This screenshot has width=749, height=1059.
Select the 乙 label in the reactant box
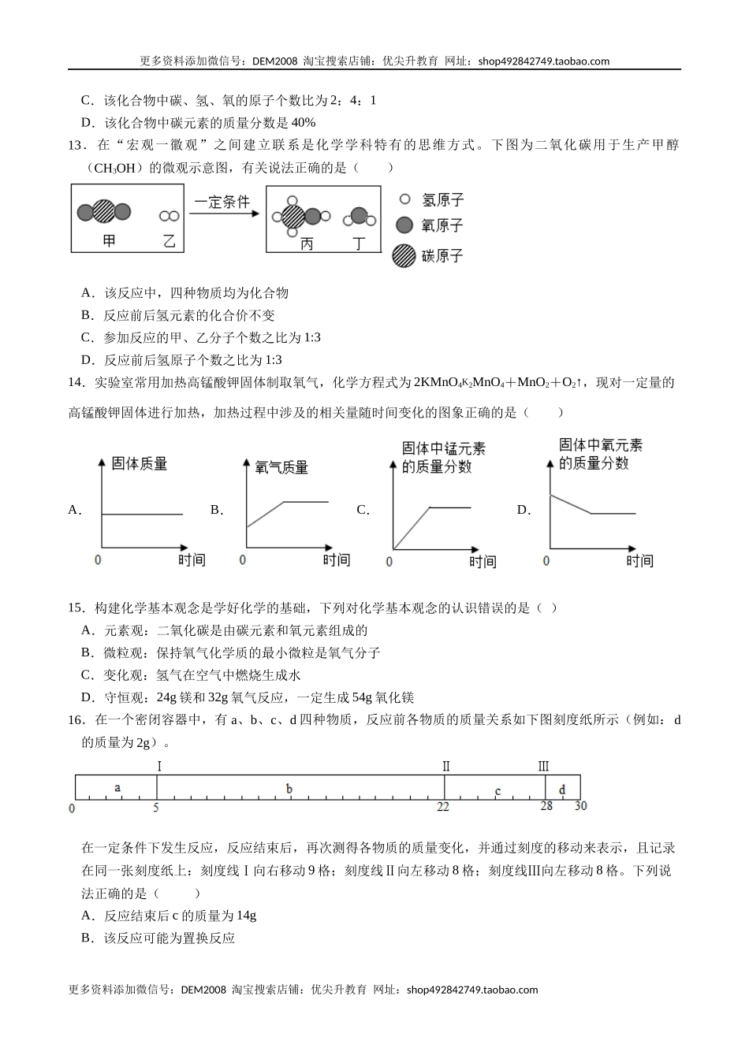coord(169,241)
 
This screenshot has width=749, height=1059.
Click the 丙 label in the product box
coord(307,243)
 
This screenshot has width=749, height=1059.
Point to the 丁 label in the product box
coord(360,243)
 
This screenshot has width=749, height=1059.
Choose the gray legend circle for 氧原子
coord(404,225)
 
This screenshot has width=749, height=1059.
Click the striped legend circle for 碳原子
coord(404,256)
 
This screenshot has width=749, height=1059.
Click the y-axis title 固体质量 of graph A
coord(140,463)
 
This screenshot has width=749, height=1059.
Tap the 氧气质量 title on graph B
coord(281,467)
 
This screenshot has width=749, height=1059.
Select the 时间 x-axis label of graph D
coord(639,560)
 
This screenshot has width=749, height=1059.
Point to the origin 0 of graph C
coord(389,562)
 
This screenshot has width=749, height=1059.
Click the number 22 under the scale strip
coord(443,807)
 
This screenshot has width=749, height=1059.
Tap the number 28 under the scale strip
coord(546,806)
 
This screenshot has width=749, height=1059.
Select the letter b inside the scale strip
coord(289,789)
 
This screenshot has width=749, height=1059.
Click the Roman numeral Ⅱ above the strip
coord(445,766)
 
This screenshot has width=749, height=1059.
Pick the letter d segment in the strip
coord(562,790)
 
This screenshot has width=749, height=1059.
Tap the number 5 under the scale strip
coord(156,807)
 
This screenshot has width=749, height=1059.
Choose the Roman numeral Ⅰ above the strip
coord(158,766)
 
